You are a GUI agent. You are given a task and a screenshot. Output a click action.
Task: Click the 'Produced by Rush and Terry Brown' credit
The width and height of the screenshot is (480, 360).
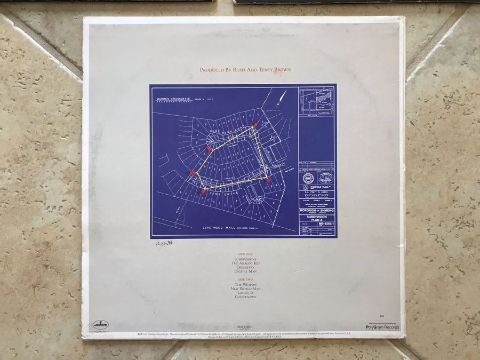click(245, 69)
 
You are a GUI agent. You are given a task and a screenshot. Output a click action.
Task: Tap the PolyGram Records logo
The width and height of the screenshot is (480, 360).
click(383, 326)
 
